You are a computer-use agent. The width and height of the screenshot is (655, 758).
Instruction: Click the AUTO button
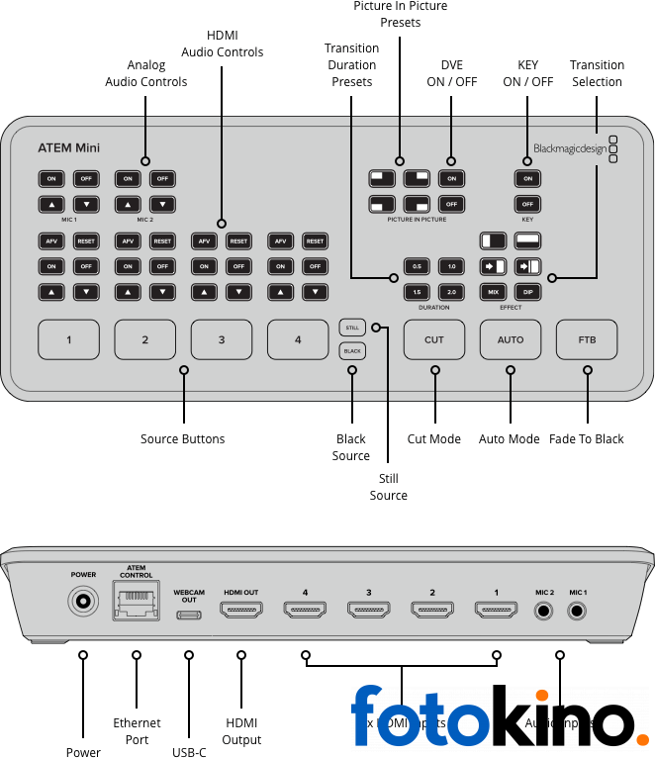tap(511, 339)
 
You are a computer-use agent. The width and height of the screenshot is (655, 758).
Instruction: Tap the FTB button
tap(587, 339)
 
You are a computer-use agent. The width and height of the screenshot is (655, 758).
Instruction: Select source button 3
tap(221, 339)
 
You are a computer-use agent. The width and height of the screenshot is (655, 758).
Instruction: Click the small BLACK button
tap(351, 350)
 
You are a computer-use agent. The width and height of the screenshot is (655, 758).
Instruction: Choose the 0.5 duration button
tap(417, 266)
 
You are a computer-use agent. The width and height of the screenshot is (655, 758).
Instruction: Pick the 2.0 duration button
tap(451, 292)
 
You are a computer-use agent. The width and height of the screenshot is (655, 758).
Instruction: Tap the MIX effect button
tap(493, 292)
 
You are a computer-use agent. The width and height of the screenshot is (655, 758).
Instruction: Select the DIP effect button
tap(527, 292)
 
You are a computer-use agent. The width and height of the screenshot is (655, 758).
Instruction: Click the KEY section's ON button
tap(527, 178)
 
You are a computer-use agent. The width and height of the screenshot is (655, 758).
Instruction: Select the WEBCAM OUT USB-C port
tap(188, 614)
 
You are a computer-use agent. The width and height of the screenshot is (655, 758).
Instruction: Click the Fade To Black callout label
tap(587, 439)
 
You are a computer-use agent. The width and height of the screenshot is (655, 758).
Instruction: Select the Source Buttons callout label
tap(183, 439)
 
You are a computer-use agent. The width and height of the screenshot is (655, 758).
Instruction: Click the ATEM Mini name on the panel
tap(68, 148)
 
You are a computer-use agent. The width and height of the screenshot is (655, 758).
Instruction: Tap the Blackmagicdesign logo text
tap(568, 149)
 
